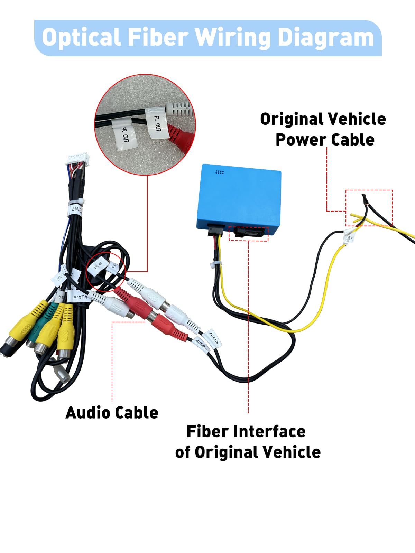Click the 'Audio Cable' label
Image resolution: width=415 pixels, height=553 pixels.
pyautogui.click(x=112, y=413)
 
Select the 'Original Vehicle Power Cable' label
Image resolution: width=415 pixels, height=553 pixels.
pyautogui.click(x=323, y=129)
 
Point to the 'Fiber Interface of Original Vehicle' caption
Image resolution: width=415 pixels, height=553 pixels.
pyautogui.click(x=248, y=442)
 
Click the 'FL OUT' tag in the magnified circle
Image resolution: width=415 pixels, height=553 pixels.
pyautogui.click(x=158, y=123)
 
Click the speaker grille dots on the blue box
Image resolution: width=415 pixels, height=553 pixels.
pyautogui.click(x=220, y=172)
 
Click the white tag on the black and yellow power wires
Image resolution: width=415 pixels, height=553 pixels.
pyautogui.click(x=349, y=237)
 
